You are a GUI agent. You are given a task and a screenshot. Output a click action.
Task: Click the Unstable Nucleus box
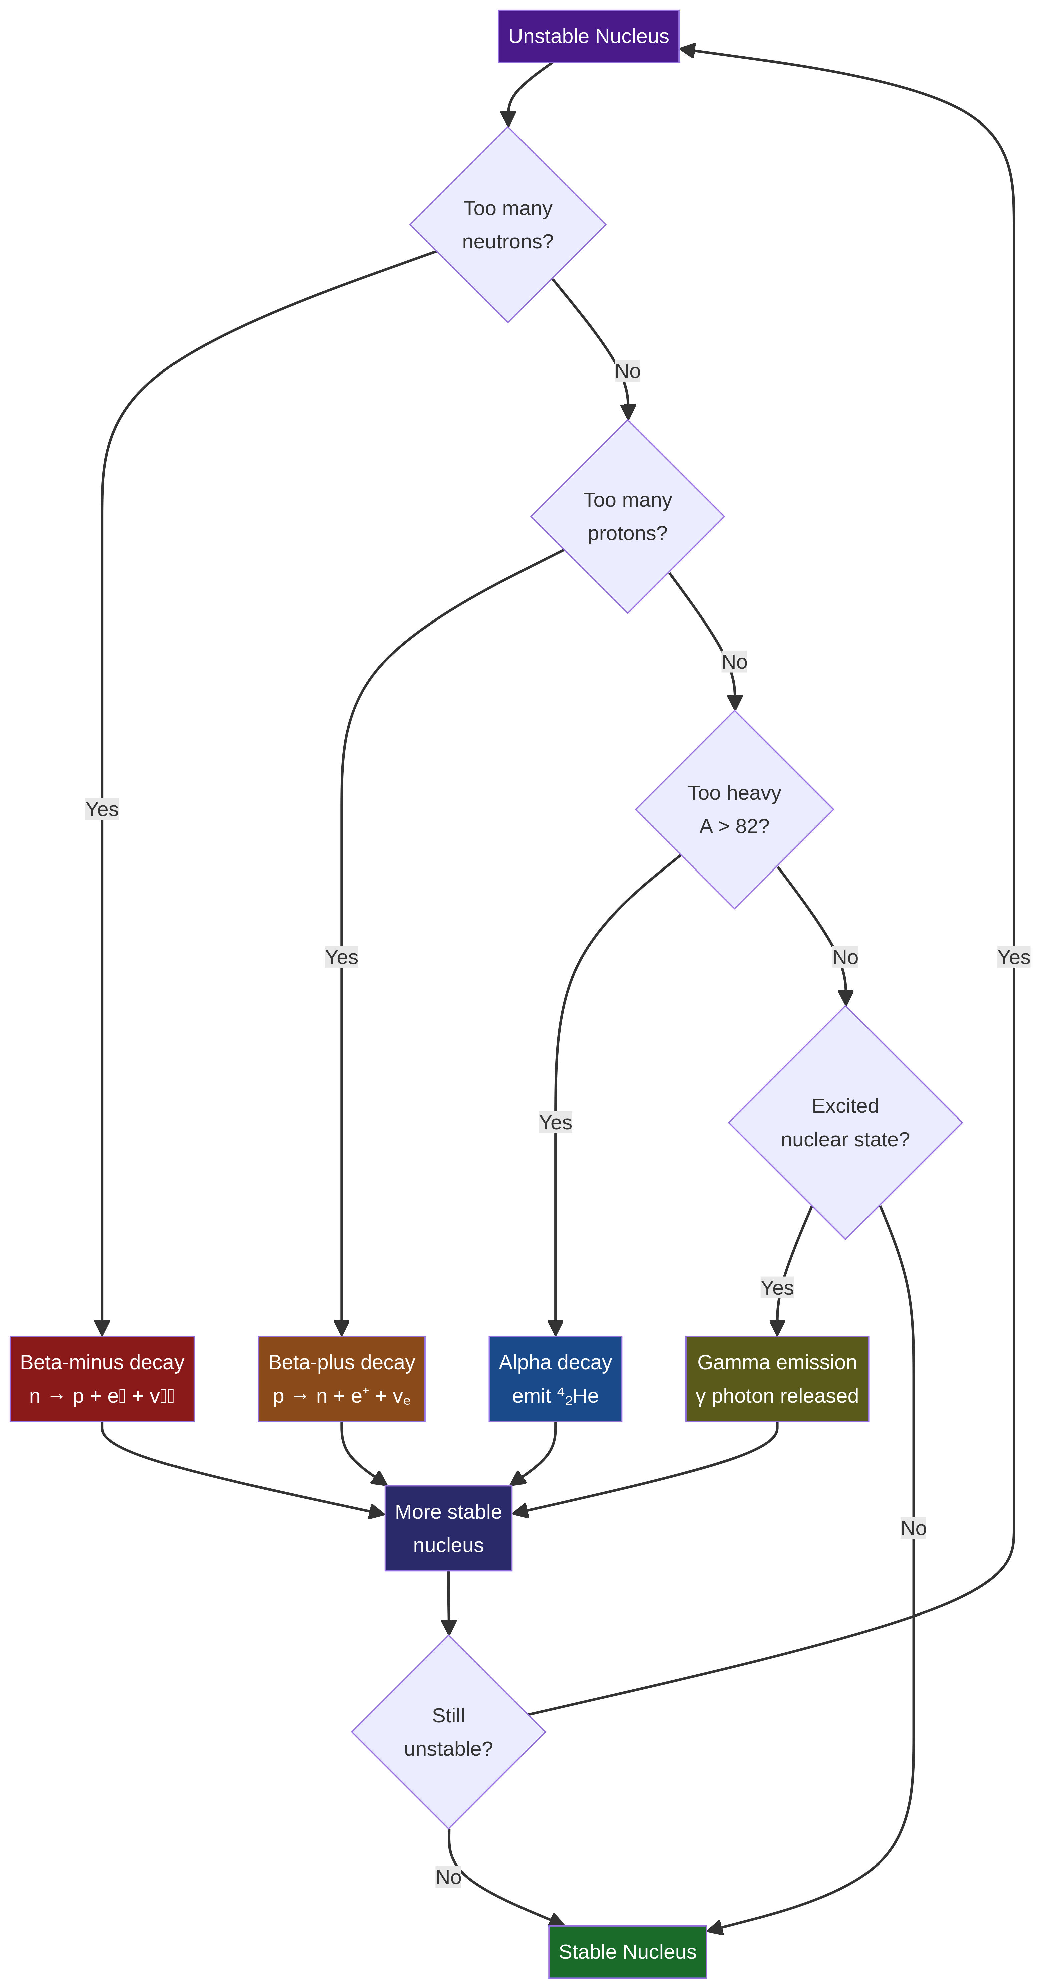pyautogui.click(x=588, y=36)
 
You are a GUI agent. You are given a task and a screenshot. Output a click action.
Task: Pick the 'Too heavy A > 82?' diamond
pyautogui.click(x=734, y=809)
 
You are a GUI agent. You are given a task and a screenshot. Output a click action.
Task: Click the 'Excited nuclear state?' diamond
pyautogui.click(x=845, y=1122)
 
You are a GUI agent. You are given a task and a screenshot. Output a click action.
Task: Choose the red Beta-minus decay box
pyautogui.click(x=102, y=1378)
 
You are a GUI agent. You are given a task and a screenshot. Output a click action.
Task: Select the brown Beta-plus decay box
pyautogui.click(x=341, y=1378)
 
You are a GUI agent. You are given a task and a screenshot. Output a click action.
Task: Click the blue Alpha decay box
pyautogui.click(x=555, y=1378)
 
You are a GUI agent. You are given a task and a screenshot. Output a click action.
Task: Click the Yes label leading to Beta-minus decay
pyautogui.click(x=102, y=809)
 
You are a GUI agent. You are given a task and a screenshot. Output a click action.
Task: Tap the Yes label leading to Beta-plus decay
pyautogui.click(x=341, y=957)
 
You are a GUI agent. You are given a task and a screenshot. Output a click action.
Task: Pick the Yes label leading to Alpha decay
pyautogui.click(x=555, y=1122)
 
